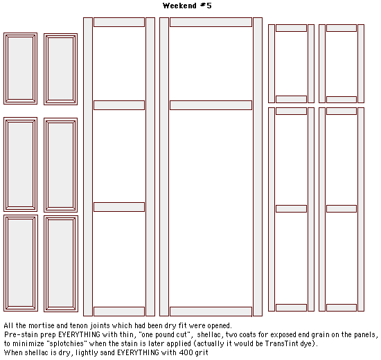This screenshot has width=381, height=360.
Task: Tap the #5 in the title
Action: coord(206,6)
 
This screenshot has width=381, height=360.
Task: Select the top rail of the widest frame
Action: coord(211,22)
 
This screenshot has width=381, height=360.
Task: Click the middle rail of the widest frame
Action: coord(211,105)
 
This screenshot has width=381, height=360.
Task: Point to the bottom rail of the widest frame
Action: coord(211,312)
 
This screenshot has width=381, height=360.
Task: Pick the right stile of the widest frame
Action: coord(258,167)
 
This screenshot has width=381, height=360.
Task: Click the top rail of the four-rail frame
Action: coord(119,22)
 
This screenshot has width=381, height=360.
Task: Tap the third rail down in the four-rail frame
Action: coord(119,207)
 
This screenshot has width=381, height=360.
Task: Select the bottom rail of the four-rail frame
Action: coord(119,312)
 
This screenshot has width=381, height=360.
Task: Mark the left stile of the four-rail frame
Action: coord(88,167)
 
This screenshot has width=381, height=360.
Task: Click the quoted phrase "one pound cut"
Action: coord(164,335)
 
